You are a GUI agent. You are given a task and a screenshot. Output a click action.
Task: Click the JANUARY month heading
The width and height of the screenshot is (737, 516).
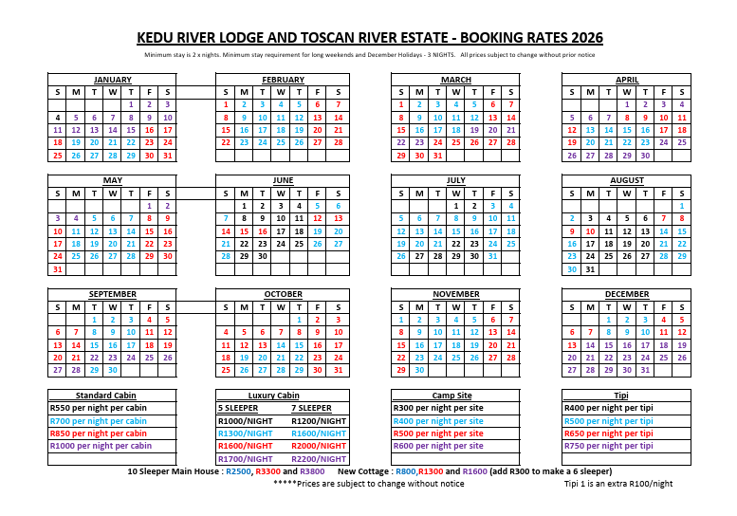coord(113,80)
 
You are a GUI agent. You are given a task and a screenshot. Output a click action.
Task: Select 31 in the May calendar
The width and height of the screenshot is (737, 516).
coord(57,269)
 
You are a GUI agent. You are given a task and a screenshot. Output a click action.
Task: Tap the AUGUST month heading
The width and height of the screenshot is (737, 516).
coord(627,180)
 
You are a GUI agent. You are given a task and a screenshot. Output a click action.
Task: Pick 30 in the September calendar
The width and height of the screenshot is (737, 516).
coord(113,370)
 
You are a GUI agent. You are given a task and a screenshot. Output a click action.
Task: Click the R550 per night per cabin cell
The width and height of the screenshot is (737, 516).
coord(99,408)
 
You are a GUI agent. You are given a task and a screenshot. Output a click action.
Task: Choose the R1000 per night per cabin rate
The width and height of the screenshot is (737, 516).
coord(101,446)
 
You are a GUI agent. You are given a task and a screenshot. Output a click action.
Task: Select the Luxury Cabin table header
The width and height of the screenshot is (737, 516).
coord(274,396)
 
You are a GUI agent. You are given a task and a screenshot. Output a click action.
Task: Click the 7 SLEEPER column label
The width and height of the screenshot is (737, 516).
coord(311,408)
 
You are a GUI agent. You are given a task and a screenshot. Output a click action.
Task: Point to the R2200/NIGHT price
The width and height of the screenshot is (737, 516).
coord(320,459)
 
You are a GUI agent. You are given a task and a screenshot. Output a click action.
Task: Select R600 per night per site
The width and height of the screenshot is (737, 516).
coord(437,446)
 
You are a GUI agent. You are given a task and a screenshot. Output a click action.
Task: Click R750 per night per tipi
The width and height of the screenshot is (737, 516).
coord(608,446)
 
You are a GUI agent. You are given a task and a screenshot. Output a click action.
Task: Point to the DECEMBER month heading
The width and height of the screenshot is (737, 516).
coord(627,294)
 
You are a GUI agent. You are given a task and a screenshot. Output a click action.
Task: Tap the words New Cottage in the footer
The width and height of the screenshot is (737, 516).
coord(365,471)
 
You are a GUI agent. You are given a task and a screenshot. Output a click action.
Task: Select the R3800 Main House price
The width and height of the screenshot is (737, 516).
coord(312,471)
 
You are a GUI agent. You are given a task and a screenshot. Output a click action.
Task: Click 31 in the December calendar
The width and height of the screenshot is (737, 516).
coord(645,370)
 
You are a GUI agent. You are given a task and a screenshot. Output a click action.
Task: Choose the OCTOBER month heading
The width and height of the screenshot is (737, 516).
coord(283,294)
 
